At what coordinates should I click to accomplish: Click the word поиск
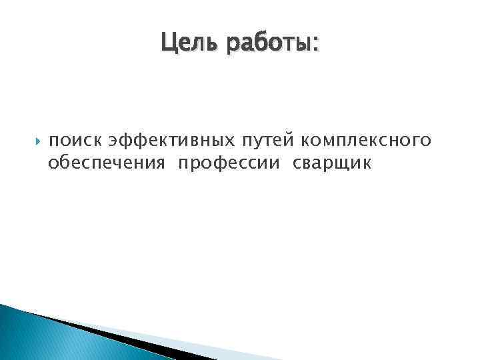(x=75, y=141)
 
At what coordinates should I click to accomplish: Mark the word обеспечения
(x=106, y=163)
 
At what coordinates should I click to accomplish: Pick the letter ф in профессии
(x=213, y=163)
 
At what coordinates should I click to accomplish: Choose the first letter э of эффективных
(x=113, y=141)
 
